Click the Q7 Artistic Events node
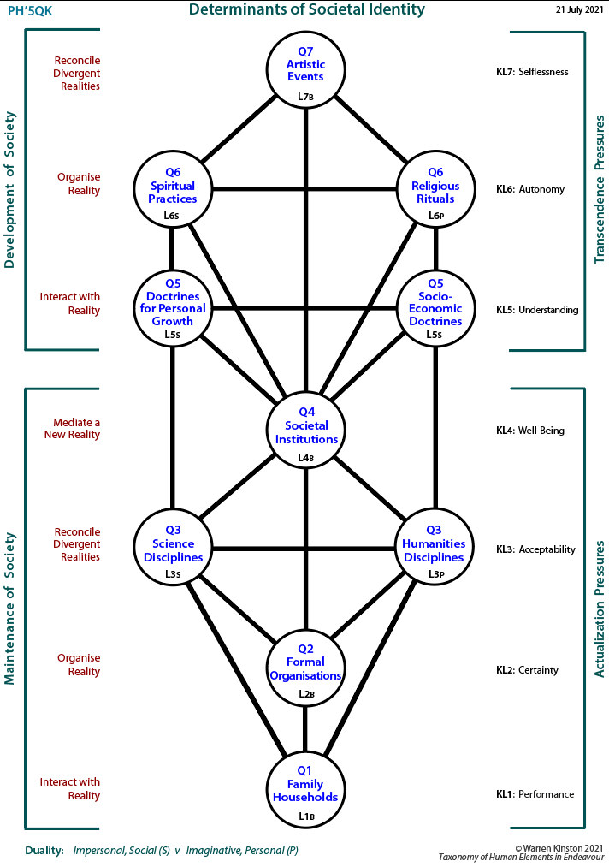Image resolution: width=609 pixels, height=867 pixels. (x=305, y=70)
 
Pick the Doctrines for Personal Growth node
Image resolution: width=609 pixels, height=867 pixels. (x=173, y=308)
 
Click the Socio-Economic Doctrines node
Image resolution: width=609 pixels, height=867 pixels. (x=435, y=308)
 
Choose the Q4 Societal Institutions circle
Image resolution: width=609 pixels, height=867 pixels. (x=306, y=431)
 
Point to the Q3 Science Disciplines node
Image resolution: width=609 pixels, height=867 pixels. (x=173, y=548)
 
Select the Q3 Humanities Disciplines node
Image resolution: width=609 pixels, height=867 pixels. (x=435, y=548)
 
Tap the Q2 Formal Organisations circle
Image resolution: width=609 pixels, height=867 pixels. (x=305, y=667)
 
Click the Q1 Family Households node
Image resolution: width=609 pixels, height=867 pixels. (x=305, y=788)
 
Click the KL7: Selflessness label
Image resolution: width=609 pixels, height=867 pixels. (x=532, y=71)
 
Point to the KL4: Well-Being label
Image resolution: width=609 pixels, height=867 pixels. (x=530, y=431)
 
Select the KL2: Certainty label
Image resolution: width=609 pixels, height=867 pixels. (x=527, y=670)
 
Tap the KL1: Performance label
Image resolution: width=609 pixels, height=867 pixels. (x=535, y=794)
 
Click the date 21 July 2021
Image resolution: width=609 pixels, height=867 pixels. (x=580, y=10)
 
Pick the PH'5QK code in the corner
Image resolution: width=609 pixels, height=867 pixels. (x=30, y=11)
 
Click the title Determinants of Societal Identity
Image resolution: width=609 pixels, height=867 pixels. (x=307, y=9)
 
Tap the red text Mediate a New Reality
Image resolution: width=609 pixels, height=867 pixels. (x=73, y=429)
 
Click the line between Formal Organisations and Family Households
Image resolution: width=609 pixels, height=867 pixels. (x=305, y=728)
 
